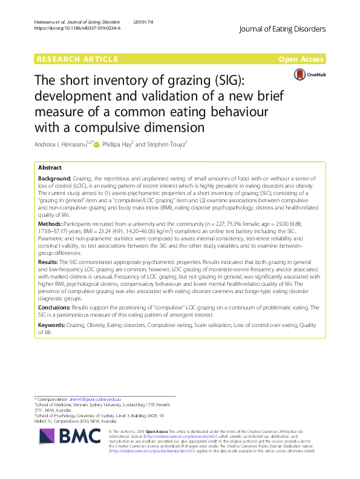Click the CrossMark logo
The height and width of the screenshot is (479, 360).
[309, 74]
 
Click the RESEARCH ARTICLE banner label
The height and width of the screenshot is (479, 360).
[77, 59]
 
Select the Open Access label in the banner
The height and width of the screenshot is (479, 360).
[302, 59]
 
